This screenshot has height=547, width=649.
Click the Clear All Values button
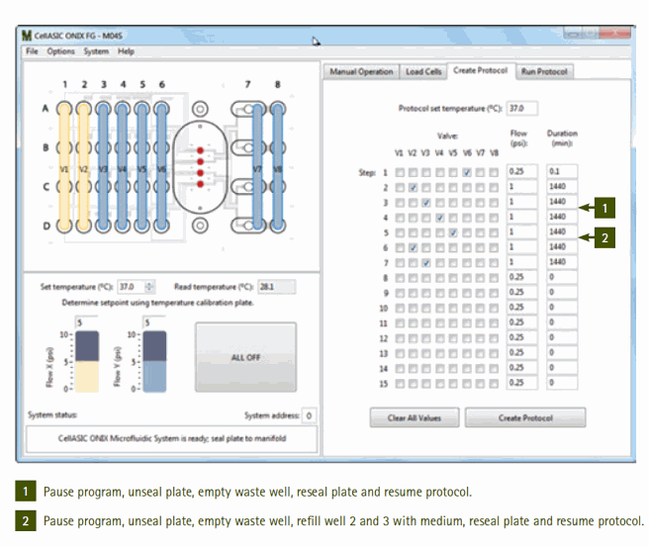point(415,417)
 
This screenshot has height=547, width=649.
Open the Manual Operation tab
point(361,71)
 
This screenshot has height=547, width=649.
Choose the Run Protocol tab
point(545,71)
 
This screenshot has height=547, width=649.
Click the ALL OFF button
point(245,357)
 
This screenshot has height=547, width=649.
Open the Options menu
point(60,50)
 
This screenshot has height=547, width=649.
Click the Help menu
point(126,50)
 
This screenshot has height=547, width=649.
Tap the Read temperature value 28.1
point(270,287)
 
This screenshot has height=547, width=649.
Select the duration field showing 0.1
point(561,171)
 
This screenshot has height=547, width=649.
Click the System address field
point(309,416)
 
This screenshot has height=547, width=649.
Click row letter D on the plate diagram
point(45,225)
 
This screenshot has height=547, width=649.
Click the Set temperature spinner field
point(132,287)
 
